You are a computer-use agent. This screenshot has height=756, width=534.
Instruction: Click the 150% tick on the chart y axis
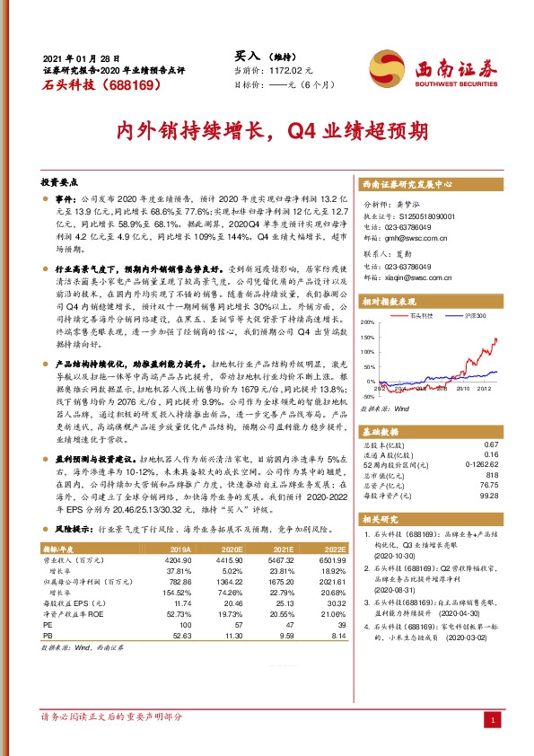point(367,338)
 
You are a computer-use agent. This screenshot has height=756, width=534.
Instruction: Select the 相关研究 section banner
point(384,519)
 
